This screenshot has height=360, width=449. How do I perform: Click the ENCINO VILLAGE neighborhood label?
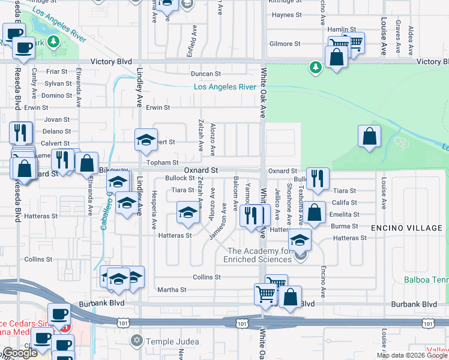coord(406,228)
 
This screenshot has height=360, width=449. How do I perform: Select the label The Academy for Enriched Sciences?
coord(259,255)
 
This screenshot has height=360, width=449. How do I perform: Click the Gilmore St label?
coord(285,44)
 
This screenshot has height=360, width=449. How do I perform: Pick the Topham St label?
coord(163,163)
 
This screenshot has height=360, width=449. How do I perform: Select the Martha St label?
coord(172,290)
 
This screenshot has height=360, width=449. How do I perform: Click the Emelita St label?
coord(345,214)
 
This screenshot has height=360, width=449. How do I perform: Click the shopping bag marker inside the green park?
coord(369,136)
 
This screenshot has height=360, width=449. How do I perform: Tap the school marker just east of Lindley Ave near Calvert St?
coord(145,140)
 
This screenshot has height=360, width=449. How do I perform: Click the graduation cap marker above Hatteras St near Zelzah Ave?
coord(188,212)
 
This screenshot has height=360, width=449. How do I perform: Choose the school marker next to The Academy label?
coord(300,240)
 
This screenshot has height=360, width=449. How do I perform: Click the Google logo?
coord(20,353)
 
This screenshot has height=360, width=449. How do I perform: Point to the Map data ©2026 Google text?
coord(412,355)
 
